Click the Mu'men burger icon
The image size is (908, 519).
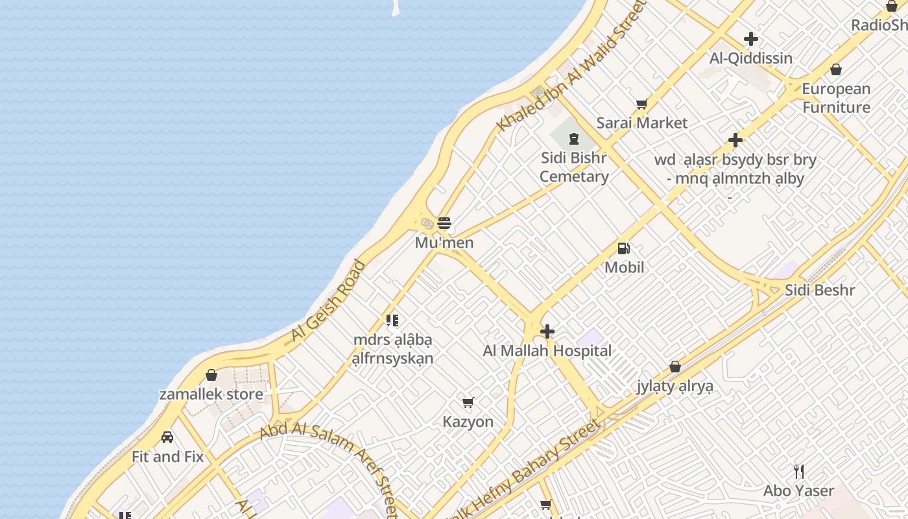click(444, 224)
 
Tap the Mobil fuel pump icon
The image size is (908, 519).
click(624, 248)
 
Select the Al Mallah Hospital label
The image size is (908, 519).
click(547, 351)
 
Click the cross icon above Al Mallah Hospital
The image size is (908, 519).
click(547, 332)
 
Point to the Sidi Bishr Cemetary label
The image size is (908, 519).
click(573, 167)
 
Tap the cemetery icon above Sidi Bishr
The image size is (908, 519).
click(573, 138)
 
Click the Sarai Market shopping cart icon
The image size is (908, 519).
click(642, 104)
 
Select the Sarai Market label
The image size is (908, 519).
click(641, 123)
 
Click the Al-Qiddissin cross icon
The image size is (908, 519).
click(751, 39)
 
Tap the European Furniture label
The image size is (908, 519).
click(836, 98)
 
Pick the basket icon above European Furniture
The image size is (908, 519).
click(836, 69)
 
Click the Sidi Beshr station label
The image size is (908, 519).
click(820, 290)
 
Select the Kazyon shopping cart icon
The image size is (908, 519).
click(468, 402)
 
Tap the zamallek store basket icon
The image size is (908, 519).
click(211, 375)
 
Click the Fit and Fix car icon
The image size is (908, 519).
click(167, 437)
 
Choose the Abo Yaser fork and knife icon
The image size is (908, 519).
click(799, 472)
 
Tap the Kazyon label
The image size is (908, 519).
click(468, 422)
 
